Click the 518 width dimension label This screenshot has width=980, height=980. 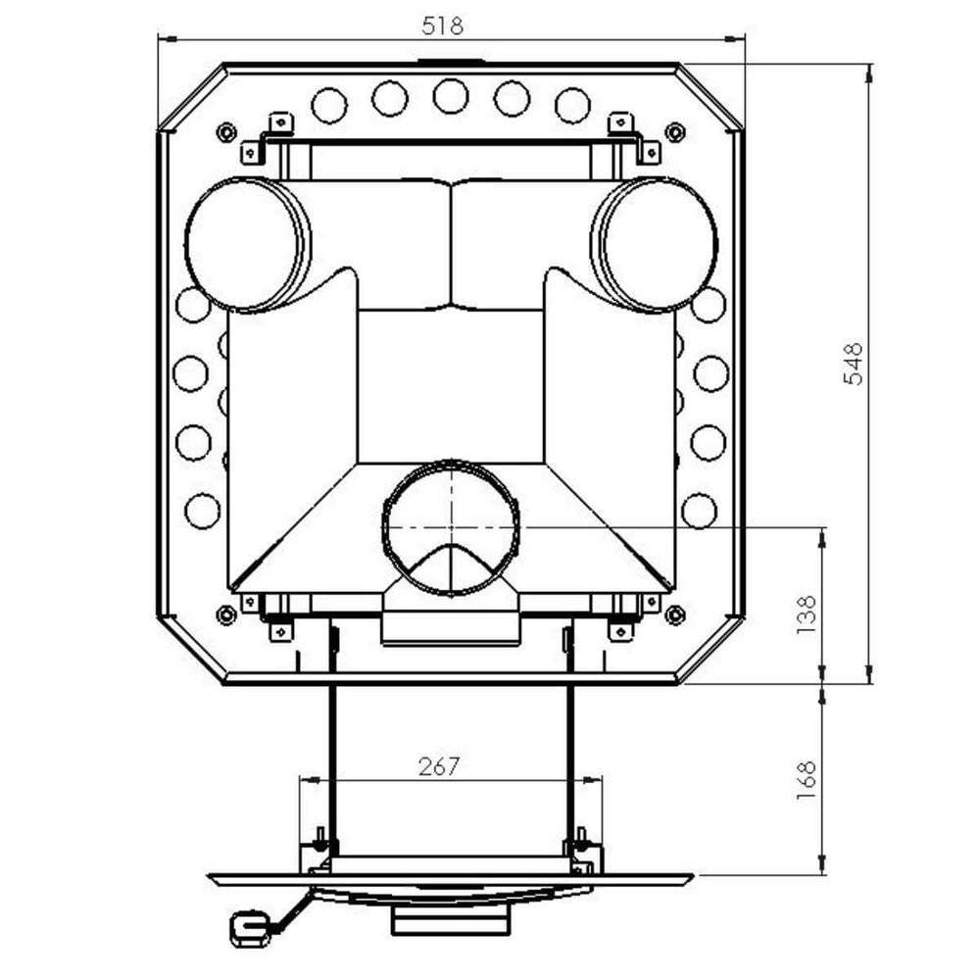click(x=442, y=25)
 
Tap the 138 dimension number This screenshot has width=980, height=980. click(x=807, y=614)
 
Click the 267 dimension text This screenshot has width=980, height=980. click(x=439, y=766)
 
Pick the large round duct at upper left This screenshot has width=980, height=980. click(x=246, y=244)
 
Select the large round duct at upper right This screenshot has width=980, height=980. click(x=655, y=244)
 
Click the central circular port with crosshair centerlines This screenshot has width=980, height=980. click(x=451, y=526)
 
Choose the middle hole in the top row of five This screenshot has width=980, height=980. click(x=451, y=96)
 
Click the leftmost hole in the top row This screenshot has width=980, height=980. click(x=329, y=104)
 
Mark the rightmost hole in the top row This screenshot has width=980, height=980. click(x=572, y=104)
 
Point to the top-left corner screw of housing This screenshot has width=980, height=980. click(x=226, y=130)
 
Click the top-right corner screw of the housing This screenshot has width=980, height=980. click(x=674, y=130)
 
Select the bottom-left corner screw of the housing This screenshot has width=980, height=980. click(x=226, y=614)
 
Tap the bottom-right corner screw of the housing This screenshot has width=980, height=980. click(x=674, y=614)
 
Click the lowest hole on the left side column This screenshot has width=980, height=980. click(x=202, y=511)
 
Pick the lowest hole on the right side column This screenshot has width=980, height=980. click(x=700, y=510)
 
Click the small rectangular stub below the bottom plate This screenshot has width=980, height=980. click(x=451, y=922)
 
